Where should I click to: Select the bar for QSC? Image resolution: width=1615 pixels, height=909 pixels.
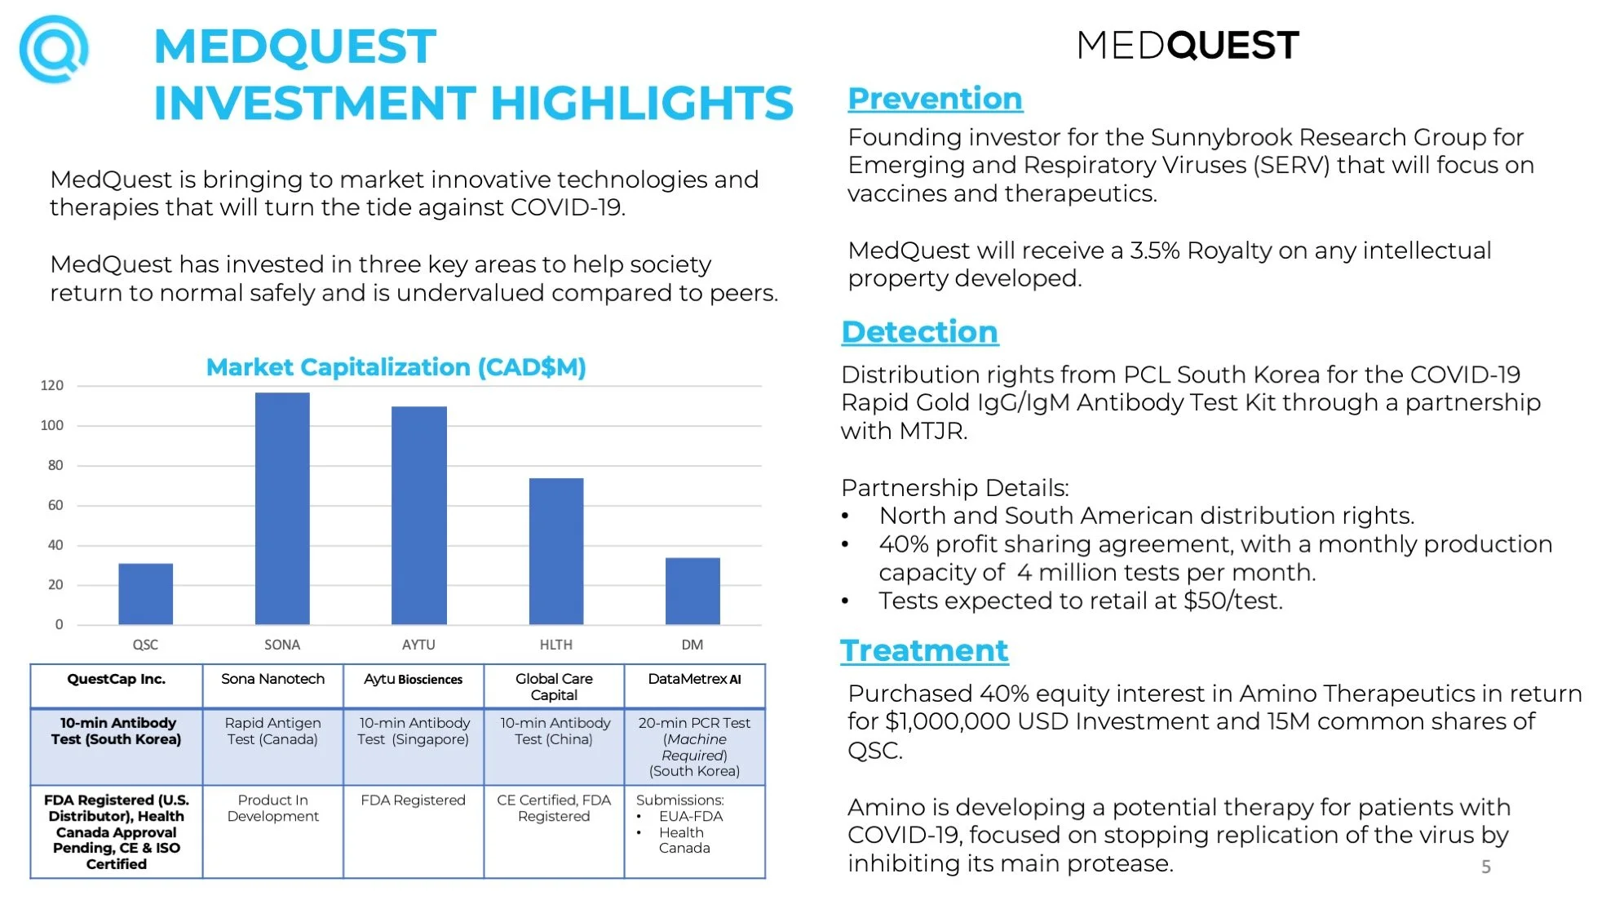click(x=145, y=594)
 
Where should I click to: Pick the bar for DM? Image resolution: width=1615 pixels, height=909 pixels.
click(x=692, y=591)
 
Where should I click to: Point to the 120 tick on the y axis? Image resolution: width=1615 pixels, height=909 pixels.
click(x=52, y=385)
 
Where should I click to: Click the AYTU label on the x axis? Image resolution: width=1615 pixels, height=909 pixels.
click(x=418, y=645)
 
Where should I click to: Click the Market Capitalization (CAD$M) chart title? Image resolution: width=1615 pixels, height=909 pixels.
click(x=396, y=367)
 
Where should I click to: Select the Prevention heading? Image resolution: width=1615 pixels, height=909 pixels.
click(x=935, y=99)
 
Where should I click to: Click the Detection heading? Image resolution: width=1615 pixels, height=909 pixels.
click(x=919, y=332)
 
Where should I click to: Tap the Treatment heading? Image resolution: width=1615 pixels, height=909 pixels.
click(x=924, y=651)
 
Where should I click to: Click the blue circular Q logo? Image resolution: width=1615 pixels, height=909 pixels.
click(x=54, y=49)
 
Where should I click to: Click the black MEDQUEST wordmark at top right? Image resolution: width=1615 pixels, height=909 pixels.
click(x=1188, y=46)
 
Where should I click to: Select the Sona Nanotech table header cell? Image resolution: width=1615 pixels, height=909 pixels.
click(x=272, y=679)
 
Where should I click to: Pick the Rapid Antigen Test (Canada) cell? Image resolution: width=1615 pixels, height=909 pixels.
click(x=272, y=731)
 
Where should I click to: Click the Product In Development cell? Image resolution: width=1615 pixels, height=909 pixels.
click(x=272, y=808)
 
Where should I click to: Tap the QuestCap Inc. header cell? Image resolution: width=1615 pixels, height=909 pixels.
click(x=116, y=679)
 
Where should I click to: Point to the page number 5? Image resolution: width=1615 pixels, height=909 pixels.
click(x=1486, y=867)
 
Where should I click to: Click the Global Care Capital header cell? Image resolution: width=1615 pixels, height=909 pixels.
click(x=554, y=686)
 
